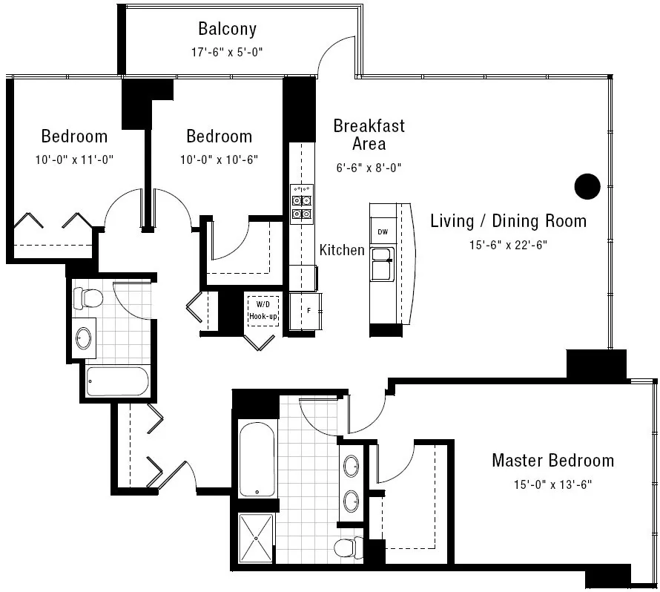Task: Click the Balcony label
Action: point(227,29)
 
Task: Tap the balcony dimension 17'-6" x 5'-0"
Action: point(227,52)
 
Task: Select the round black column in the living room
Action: point(587,186)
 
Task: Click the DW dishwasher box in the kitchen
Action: point(383,232)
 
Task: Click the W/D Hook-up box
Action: point(263,310)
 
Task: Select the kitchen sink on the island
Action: point(383,264)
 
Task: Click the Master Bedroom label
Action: point(552,461)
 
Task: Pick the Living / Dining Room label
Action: point(508,221)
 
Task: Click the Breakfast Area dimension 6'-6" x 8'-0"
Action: point(369,168)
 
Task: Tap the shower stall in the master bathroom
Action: point(256,537)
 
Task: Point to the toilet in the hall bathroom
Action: point(88,298)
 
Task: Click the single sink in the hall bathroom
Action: point(84,338)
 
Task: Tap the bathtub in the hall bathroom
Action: point(117,381)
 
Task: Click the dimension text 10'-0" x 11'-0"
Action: point(73,159)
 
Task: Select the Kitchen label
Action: point(342,250)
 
